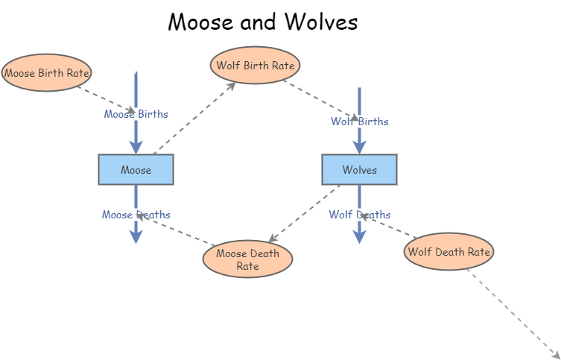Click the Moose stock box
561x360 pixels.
pos(136,169)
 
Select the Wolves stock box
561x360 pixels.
pos(359,169)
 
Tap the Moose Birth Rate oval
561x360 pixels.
pos(46,73)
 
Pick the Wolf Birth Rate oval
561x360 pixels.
pos(255,65)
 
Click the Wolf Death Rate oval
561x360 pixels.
pos(449,252)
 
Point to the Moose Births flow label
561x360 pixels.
pos(136,114)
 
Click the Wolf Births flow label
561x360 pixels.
pos(359,121)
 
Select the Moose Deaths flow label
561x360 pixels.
pos(136,215)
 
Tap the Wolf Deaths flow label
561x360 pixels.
pos(359,215)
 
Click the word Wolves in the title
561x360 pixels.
pos(320,22)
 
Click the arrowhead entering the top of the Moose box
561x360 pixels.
pos(136,147)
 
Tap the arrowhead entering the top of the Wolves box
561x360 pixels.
pos(359,147)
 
